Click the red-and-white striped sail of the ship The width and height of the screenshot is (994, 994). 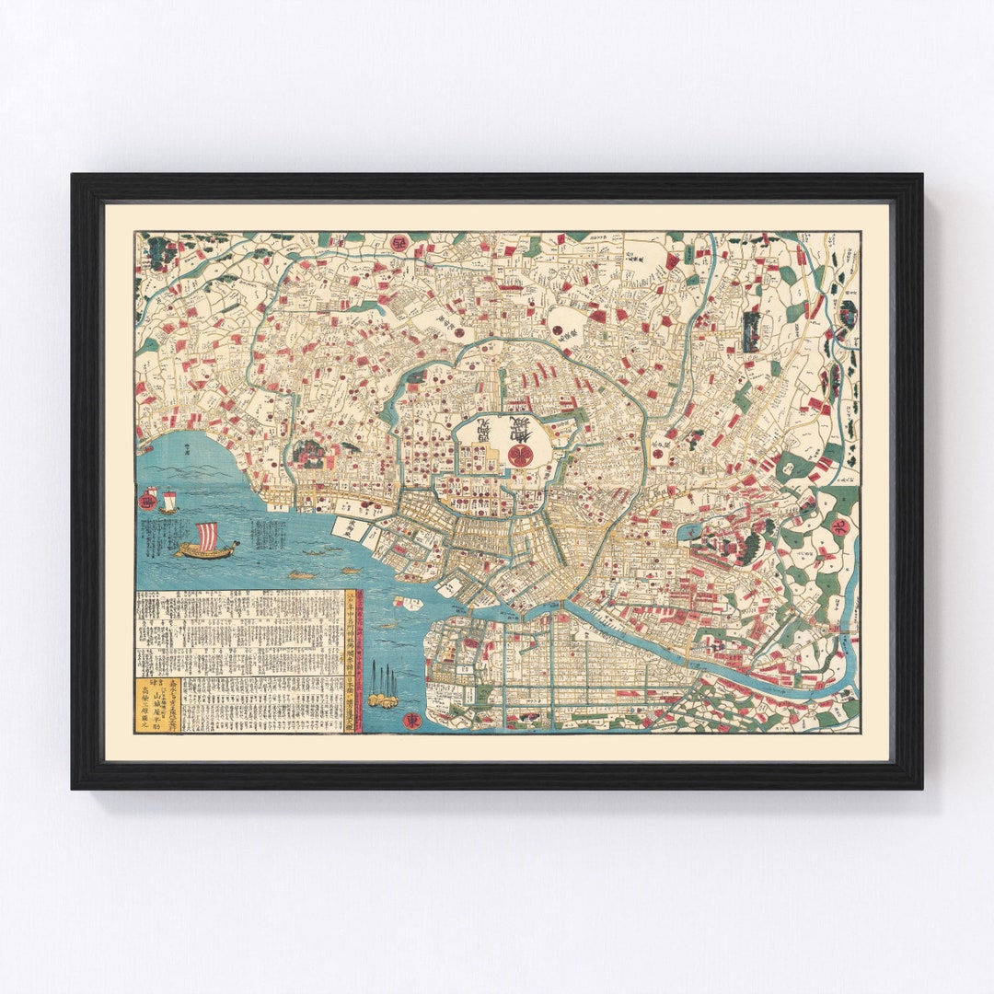208,535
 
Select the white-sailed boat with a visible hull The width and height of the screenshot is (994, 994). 168,503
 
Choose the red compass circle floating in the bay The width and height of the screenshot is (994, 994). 147,500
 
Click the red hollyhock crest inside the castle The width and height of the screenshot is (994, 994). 518,453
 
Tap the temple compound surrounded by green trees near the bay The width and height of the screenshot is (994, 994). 308,453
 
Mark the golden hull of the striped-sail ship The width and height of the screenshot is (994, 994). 205,552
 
